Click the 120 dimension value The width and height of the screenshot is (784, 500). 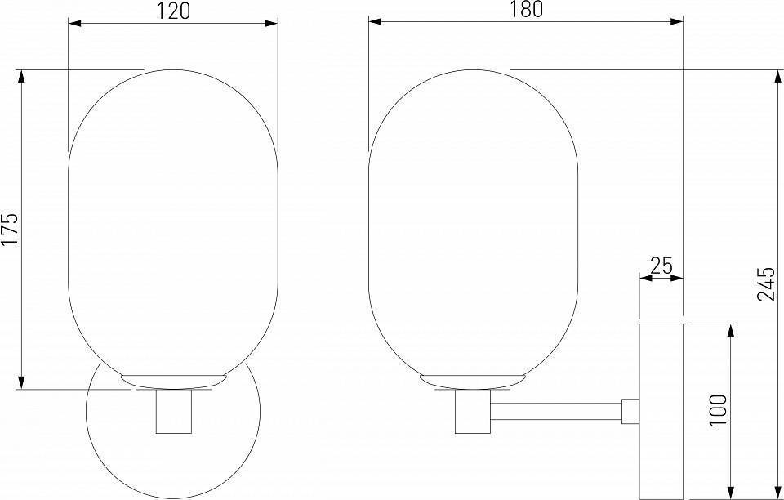tap(174, 11)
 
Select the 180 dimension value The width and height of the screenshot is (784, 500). tap(526, 10)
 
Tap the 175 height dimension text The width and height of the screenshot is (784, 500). tap(10, 229)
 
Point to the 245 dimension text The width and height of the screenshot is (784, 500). tap(766, 283)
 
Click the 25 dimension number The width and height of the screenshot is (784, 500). tap(661, 266)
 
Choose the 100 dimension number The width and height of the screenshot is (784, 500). tap(718, 410)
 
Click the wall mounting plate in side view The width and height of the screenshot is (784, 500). tap(661, 411)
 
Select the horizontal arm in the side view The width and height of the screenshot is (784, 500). tap(556, 412)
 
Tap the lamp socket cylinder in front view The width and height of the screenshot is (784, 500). tap(173, 411)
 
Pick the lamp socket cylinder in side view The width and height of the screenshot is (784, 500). tap(473, 411)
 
